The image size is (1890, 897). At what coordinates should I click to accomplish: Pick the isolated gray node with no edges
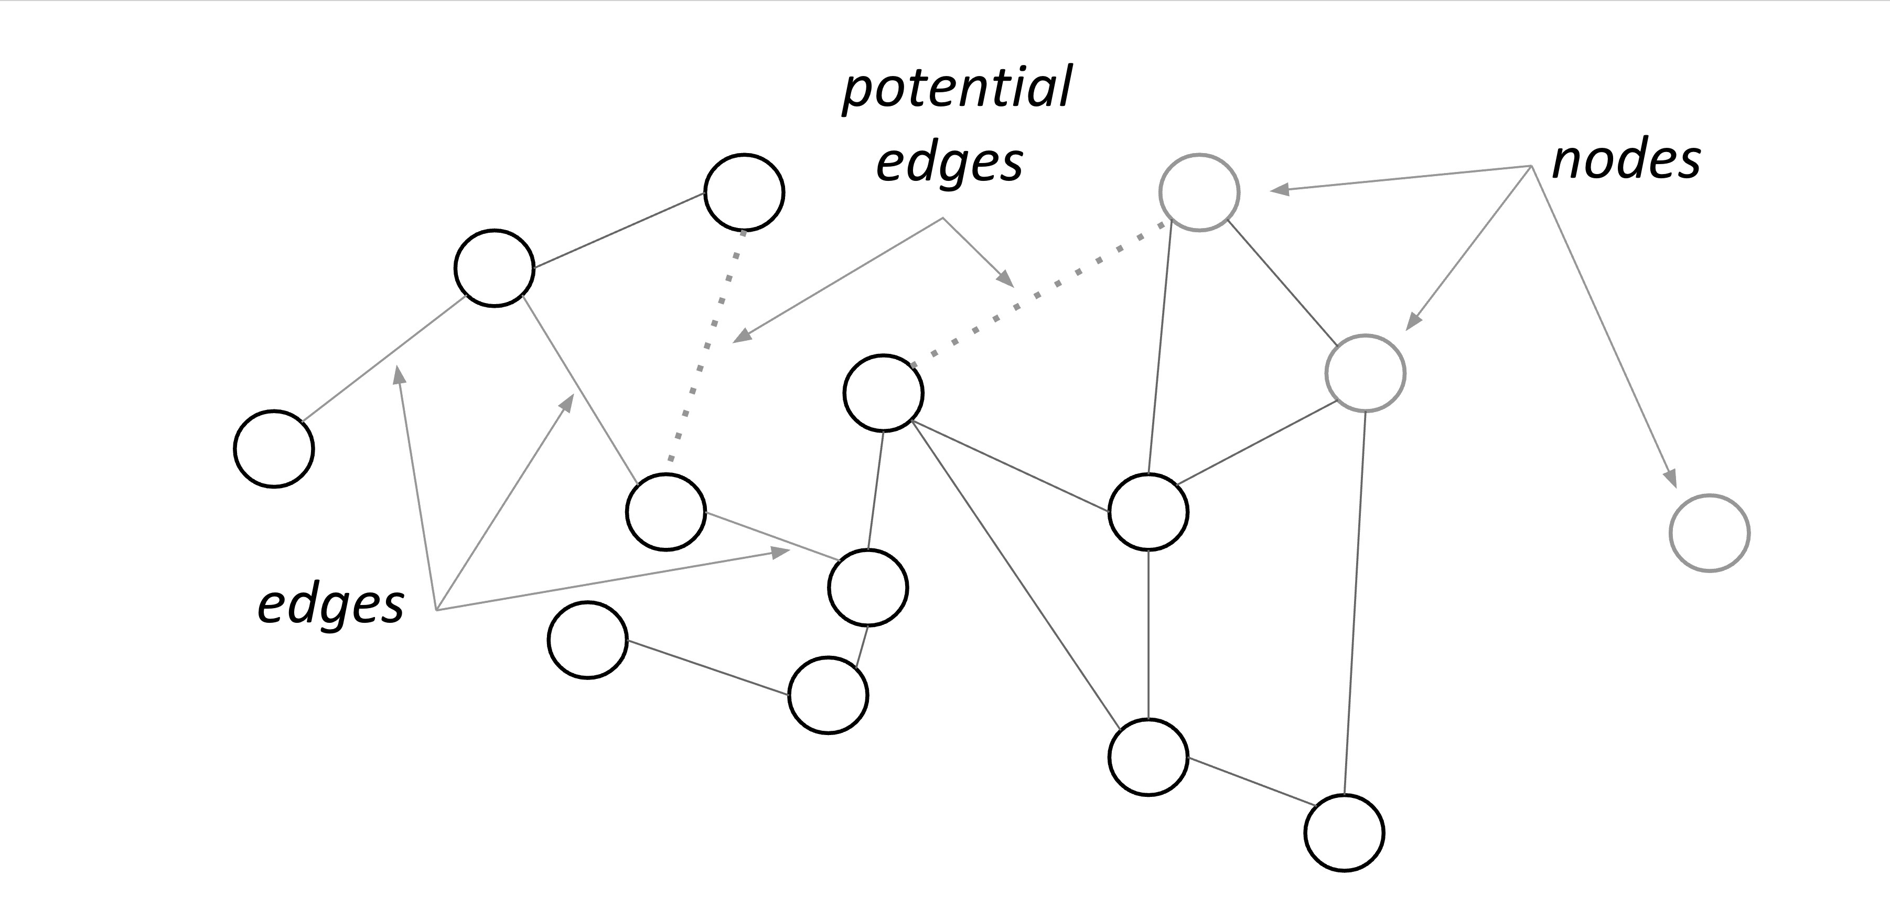pos(1710,533)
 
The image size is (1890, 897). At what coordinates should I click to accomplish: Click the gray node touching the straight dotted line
pos(1199,192)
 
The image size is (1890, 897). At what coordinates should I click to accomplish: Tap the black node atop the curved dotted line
pos(744,193)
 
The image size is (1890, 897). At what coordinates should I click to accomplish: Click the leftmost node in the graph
pos(274,448)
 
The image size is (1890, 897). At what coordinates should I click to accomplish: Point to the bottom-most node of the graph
pos(1344,833)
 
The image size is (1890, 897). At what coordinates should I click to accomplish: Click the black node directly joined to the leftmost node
pos(494,268)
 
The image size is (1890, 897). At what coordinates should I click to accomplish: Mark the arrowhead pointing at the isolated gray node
pos(1671,478)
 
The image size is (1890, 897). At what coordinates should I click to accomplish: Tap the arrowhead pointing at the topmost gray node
pos(1280,190)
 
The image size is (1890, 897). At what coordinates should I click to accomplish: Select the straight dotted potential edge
pos(1038,294)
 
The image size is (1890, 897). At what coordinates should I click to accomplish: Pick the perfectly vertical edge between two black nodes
pos(1148,634)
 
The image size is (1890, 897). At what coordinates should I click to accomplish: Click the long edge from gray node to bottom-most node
pos(1355,601)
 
